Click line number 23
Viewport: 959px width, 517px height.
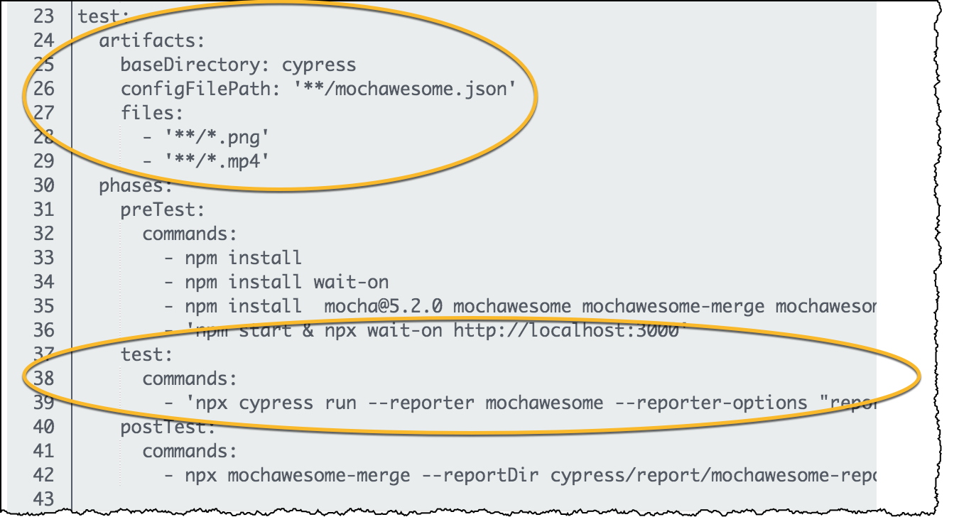tap(43, 16)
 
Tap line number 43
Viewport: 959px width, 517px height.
tap(43, 499)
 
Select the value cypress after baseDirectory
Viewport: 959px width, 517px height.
tap(319, 65)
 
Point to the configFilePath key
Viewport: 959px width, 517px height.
tap(201, 89)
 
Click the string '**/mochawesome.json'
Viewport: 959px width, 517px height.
tap(405, 89)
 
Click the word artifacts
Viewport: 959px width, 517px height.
tap(151, 41)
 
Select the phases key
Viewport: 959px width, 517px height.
tap(135, 186)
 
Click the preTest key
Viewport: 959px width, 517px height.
tap(163, 210)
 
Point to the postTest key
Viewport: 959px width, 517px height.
tap(168, 427)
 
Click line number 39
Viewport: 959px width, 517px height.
tap(43, 403)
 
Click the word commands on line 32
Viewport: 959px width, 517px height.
tap(189, 234)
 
